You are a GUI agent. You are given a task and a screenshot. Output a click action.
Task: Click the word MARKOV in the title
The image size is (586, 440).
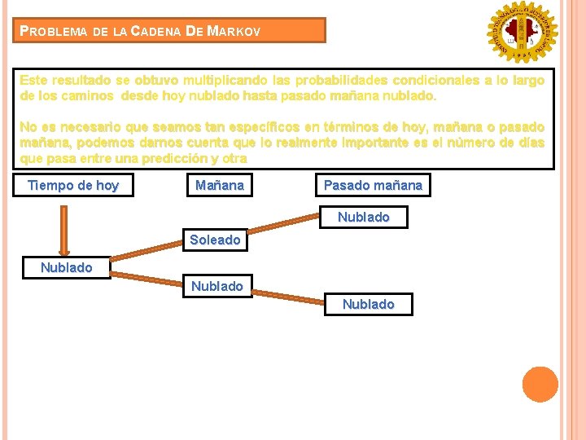pyautogui.click(x=234, y=32)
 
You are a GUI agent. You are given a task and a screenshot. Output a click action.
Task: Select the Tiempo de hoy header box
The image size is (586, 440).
pyautogui.click(x=73, y=186)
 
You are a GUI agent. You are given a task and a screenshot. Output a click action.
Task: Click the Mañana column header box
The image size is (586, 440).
pyautogui.click(x=220, y=186)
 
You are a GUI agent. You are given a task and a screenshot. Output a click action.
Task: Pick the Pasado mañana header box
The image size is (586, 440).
pyautogui.click(x=373, y=186)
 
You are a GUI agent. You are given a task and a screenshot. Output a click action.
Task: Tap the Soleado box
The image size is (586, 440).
pyautogui.click(x=215, y=240)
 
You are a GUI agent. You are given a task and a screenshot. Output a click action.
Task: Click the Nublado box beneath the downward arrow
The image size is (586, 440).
pyautogui.click(x=67, y=267)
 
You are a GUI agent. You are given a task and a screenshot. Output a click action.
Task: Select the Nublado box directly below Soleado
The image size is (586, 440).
pyautogui.click(x=216, y=286)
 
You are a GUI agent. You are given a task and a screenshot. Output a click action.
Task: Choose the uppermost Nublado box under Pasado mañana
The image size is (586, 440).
pyautogui.click(x=364, y=218)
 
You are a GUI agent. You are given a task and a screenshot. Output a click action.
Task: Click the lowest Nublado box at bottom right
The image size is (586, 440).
pyautogui.click(x=368, y=304)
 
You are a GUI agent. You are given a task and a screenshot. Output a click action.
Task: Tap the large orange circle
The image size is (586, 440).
pyautogui.click(x=540, y=385)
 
